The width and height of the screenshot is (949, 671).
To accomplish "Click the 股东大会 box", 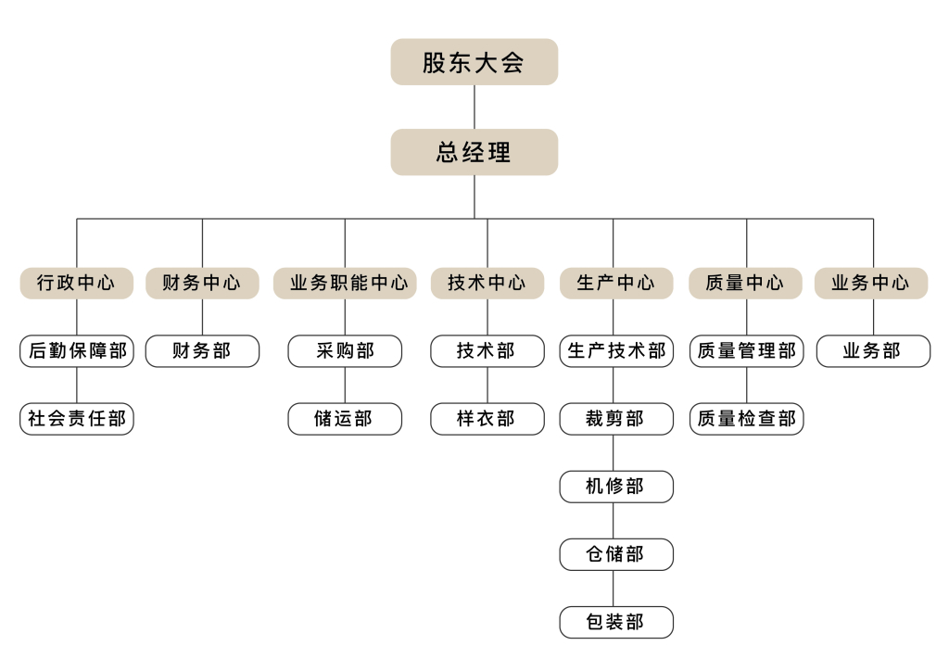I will click(x=474, y=62).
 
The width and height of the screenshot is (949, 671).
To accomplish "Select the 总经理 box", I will click(x=474, y=152).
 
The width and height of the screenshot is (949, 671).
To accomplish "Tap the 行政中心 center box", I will click(x=77, y=284).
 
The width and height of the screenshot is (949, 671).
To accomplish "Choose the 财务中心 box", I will click(x=202, y=284).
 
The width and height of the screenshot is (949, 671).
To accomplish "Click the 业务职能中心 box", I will click(x=345, y=284).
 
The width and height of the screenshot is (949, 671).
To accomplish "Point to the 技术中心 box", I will click(x=487, y=284).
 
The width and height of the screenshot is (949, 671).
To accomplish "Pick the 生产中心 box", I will click(x=615, y=284).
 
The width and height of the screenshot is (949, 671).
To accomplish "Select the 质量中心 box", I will click(x=746, y=284).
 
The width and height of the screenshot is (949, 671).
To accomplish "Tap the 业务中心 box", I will click(x=871, y=284).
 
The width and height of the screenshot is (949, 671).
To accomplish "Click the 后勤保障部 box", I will click(x=77, y=351).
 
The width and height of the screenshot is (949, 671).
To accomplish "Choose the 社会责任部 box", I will click(x=77, y=419).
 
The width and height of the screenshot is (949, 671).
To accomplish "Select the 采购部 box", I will click(x=345, y=351).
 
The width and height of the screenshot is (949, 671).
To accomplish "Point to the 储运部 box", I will click(x=345, y=419).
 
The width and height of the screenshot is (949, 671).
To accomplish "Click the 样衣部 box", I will click(x=487, y=419).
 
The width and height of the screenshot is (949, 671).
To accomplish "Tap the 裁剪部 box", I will click(x=615, y=419).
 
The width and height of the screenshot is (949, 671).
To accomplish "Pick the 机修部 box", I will click(x=615, y=487).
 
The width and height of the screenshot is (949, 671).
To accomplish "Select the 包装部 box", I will click(x=615, y=622).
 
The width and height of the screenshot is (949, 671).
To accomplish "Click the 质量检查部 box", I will click(x=746, y=419).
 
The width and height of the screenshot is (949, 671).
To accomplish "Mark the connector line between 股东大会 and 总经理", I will click(x=474, y=107).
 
